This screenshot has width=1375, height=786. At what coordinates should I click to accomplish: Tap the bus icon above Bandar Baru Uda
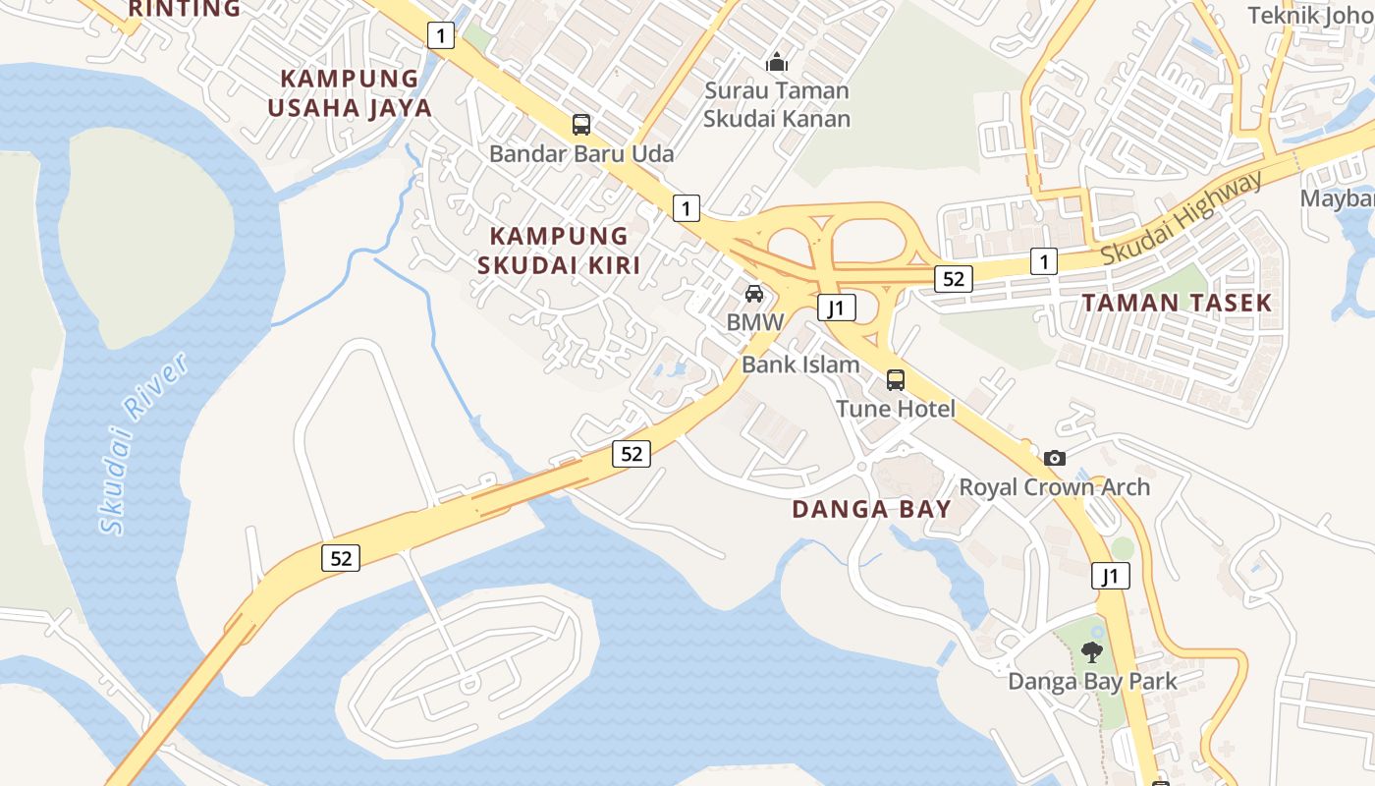click(x=581, y=125)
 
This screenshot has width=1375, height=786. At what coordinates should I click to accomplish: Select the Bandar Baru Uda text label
click(x=581, y=153)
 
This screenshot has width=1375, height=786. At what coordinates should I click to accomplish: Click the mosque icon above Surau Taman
click(x=777, y=63)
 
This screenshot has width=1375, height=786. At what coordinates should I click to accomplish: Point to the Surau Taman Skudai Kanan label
click(x=777, y=104)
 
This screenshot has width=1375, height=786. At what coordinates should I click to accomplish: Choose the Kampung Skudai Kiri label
click(x=559, y=250)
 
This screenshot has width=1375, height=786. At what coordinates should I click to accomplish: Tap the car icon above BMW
click(x=753, y=293)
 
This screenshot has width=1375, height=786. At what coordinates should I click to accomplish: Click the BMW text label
click(x=755, y=321)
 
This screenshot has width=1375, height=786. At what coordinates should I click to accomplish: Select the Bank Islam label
click(x=800, y=365)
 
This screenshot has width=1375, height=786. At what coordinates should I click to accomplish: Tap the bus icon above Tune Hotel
click(x=895, y=379)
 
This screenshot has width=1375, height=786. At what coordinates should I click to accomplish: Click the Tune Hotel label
click(x=895, y=408)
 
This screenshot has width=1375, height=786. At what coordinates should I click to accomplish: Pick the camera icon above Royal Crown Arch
click(x=1055, y=458)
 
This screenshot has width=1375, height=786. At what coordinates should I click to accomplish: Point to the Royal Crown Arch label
click(x=1054, y=487)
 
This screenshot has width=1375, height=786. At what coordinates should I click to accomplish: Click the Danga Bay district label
click(x=871, y=509)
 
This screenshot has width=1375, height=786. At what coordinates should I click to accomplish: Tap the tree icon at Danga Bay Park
click(x=1091, y=651)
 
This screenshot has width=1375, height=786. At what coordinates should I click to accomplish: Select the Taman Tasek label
click(x=1177, y=303)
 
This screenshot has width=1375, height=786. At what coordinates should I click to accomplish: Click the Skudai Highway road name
click(x=1181, y=218)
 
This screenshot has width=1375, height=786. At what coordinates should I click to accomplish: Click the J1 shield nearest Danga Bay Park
click(x=1110, y=576)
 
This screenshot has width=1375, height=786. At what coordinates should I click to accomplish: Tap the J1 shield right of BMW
click(x=837, y=308)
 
